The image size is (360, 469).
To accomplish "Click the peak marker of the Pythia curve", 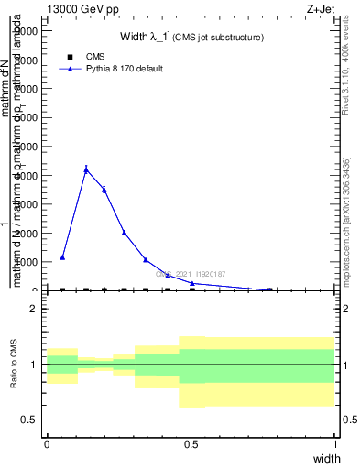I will [86, 169].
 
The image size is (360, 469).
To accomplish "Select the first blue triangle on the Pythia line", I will [62, 257].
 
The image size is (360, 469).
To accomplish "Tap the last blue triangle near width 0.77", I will [269, 289].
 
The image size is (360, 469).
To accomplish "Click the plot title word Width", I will [136, 38].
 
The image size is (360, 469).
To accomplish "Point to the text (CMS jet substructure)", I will [220, 38].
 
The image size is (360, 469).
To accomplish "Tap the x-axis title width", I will [326, 458].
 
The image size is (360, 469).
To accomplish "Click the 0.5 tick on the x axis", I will [191, 444].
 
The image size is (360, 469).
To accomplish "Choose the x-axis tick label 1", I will [335, 444].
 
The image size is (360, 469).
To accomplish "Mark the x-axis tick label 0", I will [47, 444].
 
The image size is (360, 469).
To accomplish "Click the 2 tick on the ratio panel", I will [33, 309].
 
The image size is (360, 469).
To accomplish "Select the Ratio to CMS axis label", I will [14, 365].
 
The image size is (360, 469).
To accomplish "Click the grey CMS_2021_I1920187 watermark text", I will [190, 274].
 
